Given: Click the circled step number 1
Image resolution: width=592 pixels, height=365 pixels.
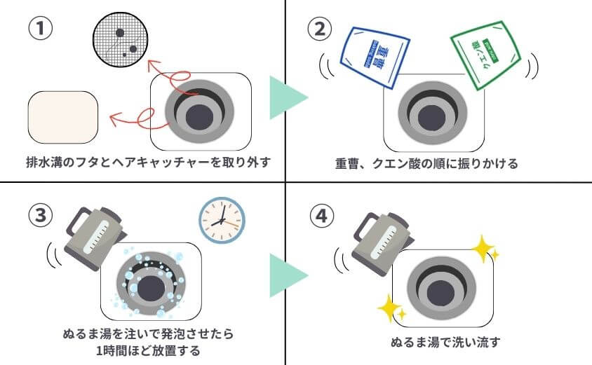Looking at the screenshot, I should (x=39, y=30).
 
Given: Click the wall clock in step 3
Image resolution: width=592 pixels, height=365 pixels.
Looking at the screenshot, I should (x=222, y=219).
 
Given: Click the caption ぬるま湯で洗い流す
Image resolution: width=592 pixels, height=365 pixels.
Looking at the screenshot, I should (x=445, y=343).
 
